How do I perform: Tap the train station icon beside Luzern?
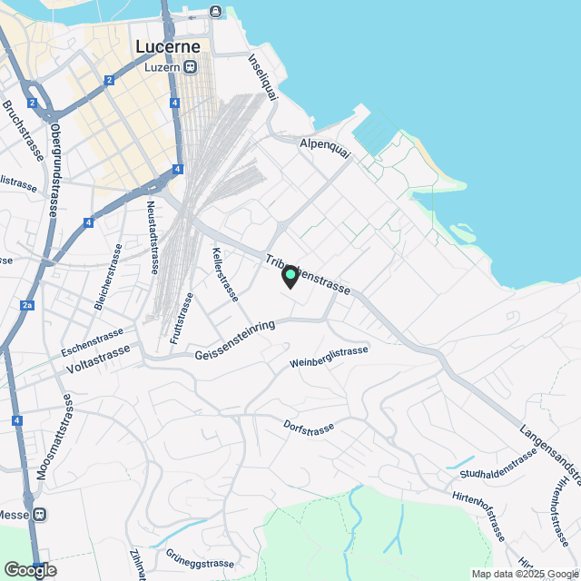tap(191, 66)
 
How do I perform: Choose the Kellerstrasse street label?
tap(224, 274)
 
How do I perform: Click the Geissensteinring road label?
tap(234, 345)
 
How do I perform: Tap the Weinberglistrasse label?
tap(329, 357)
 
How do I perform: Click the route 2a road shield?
tap(27, 305)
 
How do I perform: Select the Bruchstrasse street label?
tap(23, 131)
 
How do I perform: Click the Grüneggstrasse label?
tap(200, 558)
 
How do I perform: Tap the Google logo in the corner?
tap(30, 570)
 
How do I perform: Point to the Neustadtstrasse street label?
tap(153, 237)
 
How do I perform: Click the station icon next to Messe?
tap(40, 514)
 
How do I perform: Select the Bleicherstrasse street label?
tap(108, 276)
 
